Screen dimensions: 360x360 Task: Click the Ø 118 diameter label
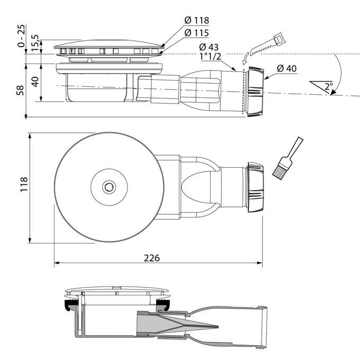(196, 20)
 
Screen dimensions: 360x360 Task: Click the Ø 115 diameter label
(196, 32)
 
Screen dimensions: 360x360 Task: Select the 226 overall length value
(152, 258)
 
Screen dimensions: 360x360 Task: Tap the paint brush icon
(286, 158)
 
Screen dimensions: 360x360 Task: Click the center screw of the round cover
(109, 187)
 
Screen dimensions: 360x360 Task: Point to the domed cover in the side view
(109, 46)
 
